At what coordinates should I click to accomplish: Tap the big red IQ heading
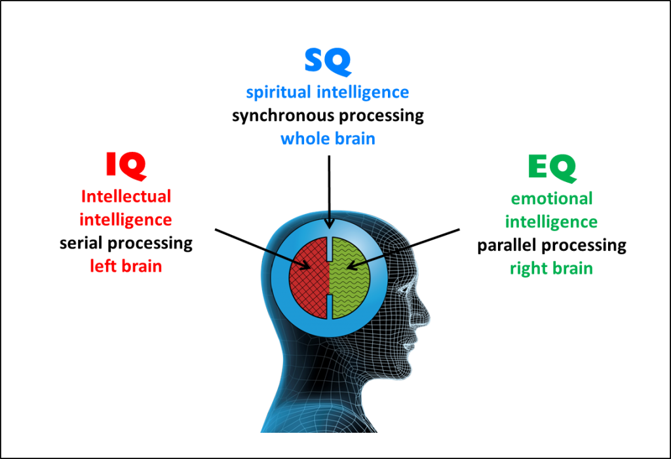[126, 166]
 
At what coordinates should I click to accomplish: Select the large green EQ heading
[552, 168]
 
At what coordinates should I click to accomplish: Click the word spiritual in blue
[278, 92]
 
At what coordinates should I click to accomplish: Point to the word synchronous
[284, 116]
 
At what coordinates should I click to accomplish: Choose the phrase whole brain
[328, 139]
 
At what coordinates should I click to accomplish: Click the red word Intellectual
[126, 196]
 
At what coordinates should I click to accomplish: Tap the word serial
[81, 243]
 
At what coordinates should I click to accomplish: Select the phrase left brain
[126, 266]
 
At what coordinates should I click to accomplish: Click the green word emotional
[552, 198]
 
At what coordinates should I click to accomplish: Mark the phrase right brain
[552, 268]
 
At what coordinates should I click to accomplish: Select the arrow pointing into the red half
[263, 249]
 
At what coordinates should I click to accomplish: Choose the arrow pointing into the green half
[403, 249]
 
